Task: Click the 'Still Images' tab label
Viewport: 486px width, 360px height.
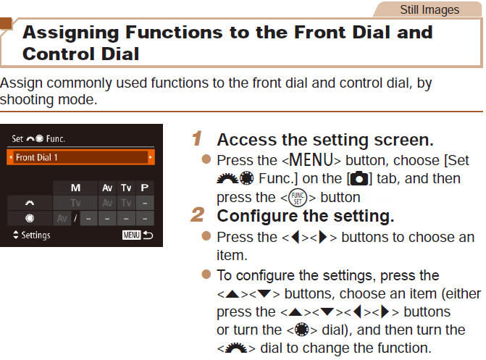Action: coord(430,9)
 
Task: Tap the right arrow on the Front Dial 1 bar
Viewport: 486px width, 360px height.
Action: coord(151,157)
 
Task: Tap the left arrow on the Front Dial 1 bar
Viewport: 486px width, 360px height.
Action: coord(10,157)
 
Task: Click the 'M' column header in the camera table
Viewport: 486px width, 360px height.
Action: coord(75,188)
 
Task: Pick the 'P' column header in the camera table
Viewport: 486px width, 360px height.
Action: coord(145,188)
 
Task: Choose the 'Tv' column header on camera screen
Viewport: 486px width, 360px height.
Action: coord(126,188)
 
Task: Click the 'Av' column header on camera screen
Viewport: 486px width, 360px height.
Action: coord(107,188)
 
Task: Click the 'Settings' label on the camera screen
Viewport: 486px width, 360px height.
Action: coord(35,235)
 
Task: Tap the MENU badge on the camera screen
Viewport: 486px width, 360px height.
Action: coord(132,235)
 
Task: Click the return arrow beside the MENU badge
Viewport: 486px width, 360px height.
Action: coord(148,235)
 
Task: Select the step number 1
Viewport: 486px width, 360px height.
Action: coord(196,138)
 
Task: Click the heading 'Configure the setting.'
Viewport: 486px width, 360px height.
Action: coord(305,216)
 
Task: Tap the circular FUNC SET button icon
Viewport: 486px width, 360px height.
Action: coord(295,197)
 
